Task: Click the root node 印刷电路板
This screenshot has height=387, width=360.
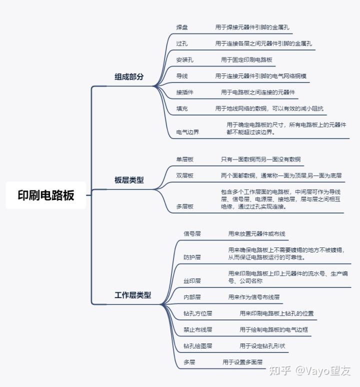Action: pyautogui.click(x=46, y=195)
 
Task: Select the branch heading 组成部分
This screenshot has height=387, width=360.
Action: pyautogui.click(x=129, y=77)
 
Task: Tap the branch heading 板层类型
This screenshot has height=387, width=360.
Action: pyautogui.click(x=129, y=180)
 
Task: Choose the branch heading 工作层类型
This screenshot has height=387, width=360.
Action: pyautogui.click(x=132, y=295)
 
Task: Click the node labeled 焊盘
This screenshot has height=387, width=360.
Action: pyautogui.click(x=182, y=27)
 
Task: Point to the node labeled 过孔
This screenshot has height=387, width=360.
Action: pyautogui.click(x=182, y=44)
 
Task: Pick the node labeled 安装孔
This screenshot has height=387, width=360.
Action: pyautogui.click(x=184, y=60)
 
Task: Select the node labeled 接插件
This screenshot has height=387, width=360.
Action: pyautogui.click(x=184, y=92)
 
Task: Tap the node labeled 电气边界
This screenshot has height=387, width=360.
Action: pyautogui.click(x=187, y=132)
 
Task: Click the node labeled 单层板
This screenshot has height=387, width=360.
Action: pyautogui.click(x=184, y=159)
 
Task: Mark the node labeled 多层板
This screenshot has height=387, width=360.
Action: pyautogui.click(x=184, y=206)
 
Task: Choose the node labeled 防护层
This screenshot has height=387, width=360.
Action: pyautogui.click(x=192, y=257)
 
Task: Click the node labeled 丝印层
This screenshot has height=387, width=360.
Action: pyautogui.click(x=192, y=281)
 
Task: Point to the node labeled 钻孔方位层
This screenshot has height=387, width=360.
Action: pyautogui.click(x=198, y=313)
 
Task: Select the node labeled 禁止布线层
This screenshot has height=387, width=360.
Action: pyautogui.click(x=198, y=330)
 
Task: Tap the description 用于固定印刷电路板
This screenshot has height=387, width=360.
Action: pyautogui.click(x=246, y=60)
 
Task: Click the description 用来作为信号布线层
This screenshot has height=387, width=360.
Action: pyautogui.click(x=253, y=297)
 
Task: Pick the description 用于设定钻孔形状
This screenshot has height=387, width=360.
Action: pyautogui.click(x=265, y=346)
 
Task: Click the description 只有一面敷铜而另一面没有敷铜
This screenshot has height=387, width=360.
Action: pyautogui.click(x=260, y=159)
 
